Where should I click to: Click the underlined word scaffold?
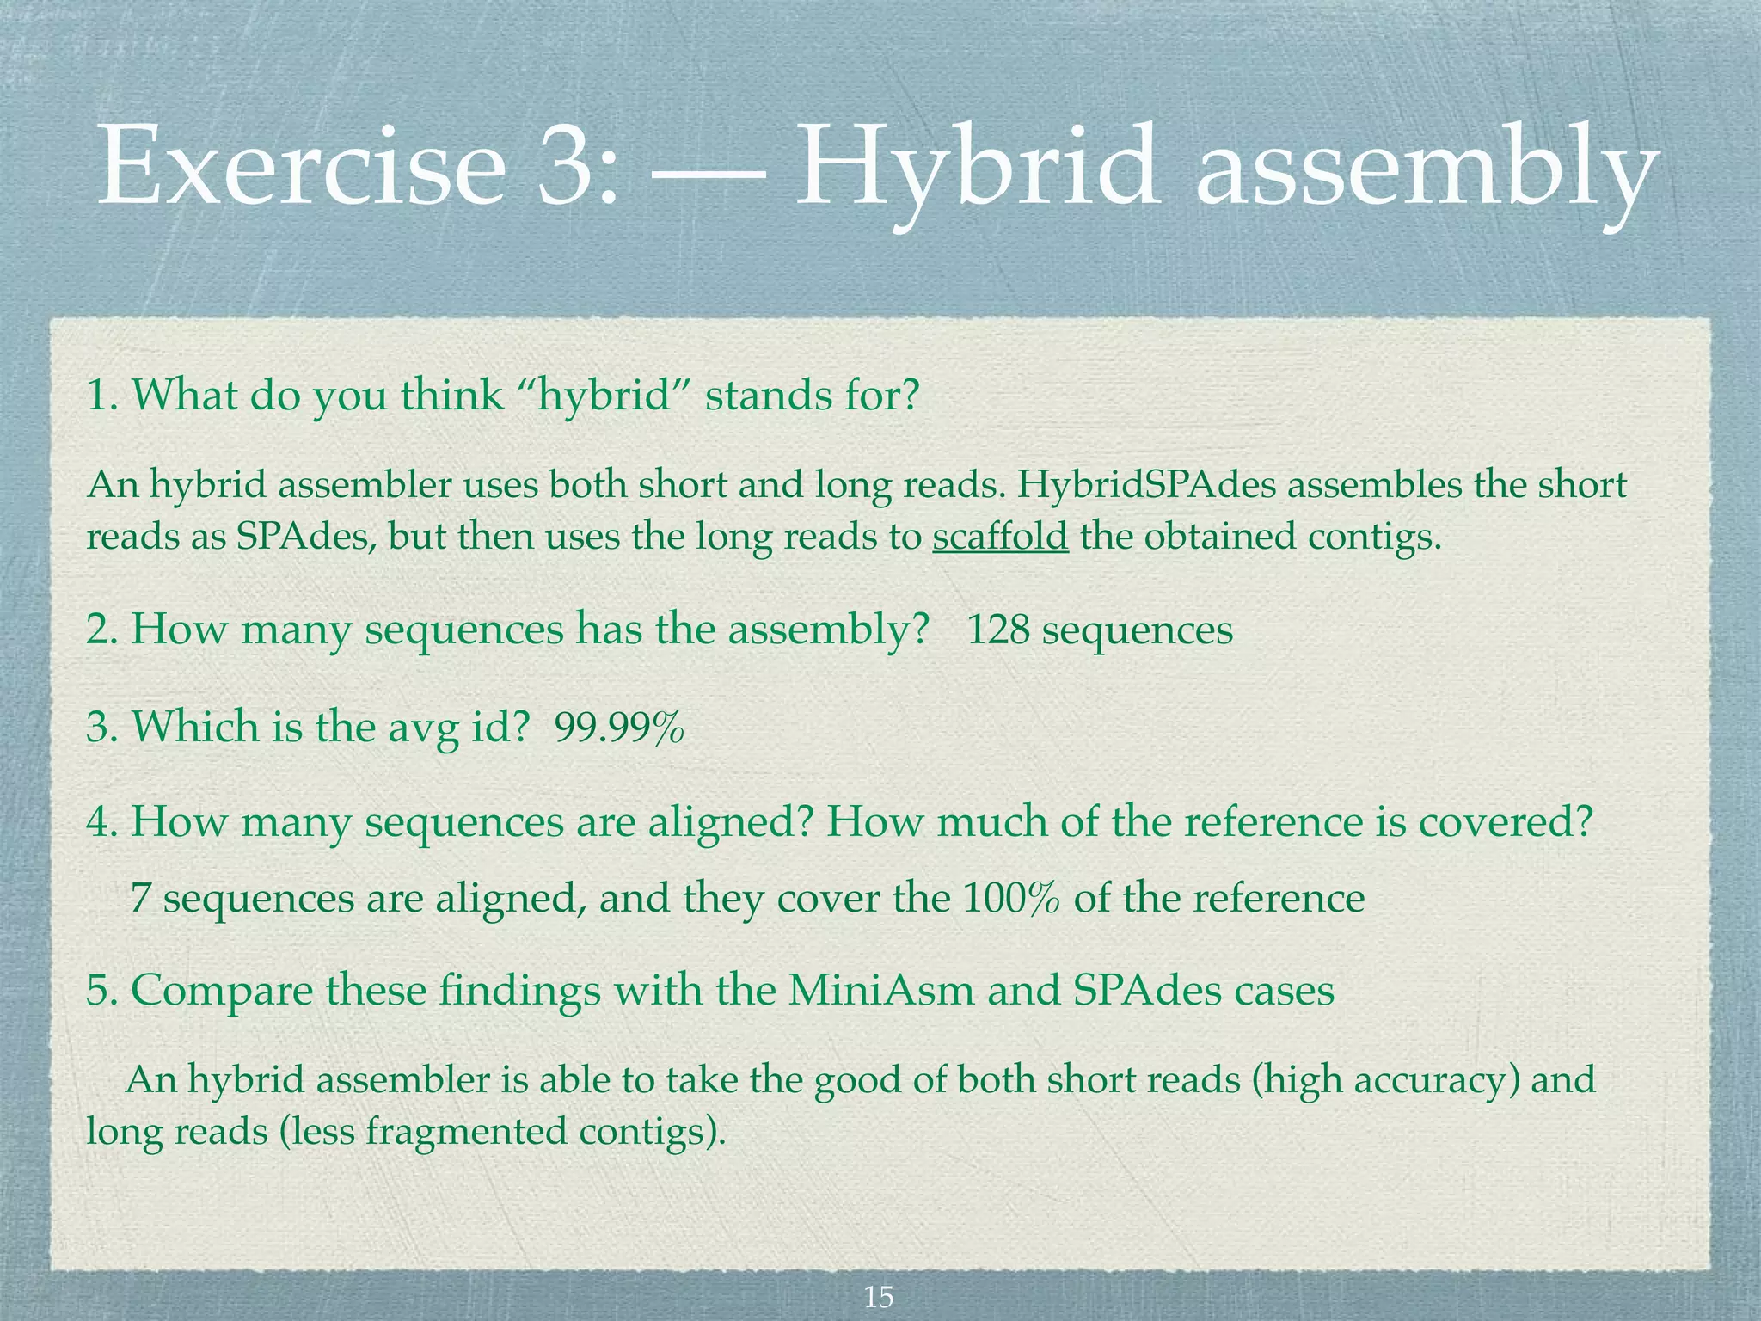(1000, 537)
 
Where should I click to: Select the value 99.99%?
(619, 728)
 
